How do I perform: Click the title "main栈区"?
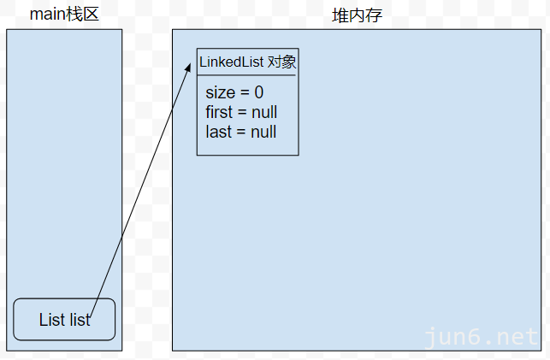pos(64,15)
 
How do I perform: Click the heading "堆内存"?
pos(357,15)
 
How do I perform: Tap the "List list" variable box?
pos(64,320)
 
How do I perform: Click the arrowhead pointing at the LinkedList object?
pos(187,65)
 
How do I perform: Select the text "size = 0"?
pos(234,92)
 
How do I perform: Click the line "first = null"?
pos(241,112)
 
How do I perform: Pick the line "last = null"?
pos(240,132)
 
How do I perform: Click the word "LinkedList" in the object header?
pos(232,62)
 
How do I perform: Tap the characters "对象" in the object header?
pos(282,62)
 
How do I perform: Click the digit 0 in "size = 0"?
pos(258,92)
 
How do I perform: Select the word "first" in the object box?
pos(219,112)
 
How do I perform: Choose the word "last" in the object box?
pos(218,132)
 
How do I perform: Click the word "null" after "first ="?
pos(263,112)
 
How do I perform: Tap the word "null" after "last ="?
pos(263,132)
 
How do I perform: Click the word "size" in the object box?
pos(220,92)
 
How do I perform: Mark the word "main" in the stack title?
pos(47,15)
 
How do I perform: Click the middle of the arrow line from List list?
pos(139,192)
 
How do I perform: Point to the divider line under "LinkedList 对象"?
pos(247,75)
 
